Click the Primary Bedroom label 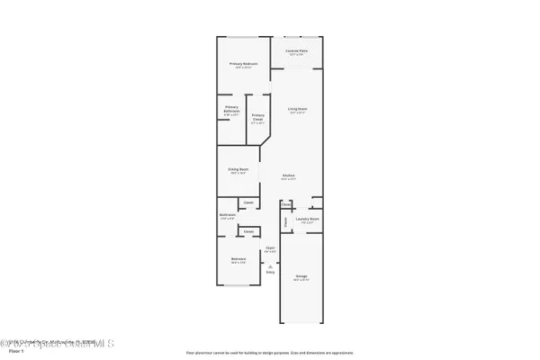click(x=244, y=64)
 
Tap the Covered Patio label click(x=297, y=49)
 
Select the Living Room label click(x=298, y=109)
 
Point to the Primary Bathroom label click(x=231, y=111)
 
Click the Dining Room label click(x=238, y=169)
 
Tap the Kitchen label click(x=289, y=175)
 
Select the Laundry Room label click(x=308, y=219)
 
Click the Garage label click(x=301, y=276)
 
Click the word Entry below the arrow click(x=270, y=272)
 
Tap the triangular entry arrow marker click(x=270, y=265)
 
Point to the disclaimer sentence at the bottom click(x=270, y=353)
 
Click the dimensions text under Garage click(x=301, y=280)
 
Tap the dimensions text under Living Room click(x=298, y=113)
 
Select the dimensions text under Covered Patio click(x=297, y=54)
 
